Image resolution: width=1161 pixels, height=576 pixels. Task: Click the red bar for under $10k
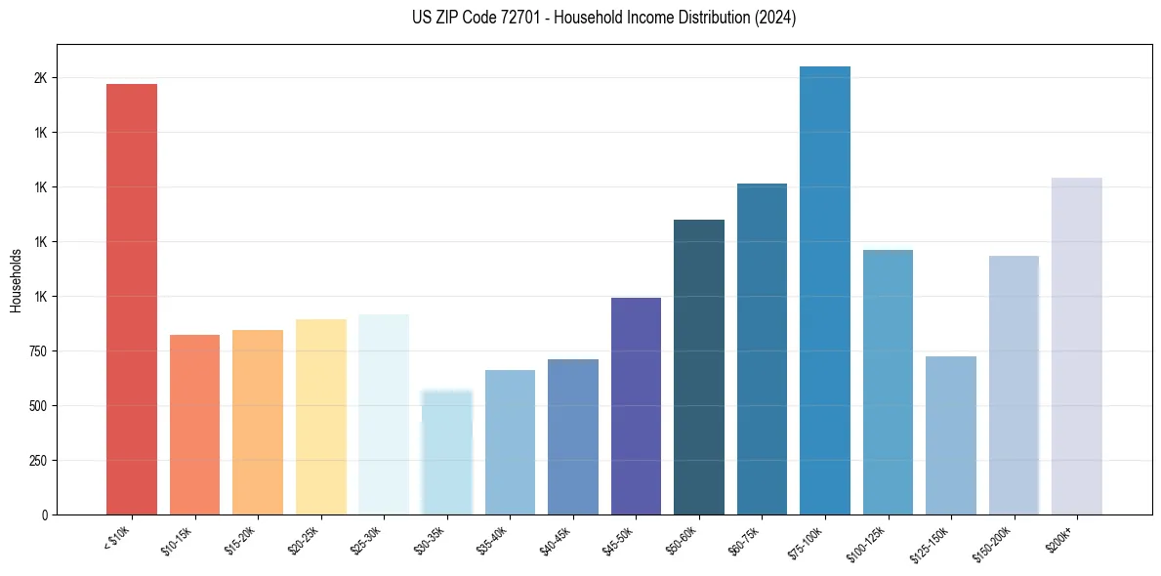(x=132, y=299)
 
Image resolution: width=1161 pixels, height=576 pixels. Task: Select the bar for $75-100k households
(x=825, y=290)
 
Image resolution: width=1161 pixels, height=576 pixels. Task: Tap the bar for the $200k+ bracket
(x=1077, y=346)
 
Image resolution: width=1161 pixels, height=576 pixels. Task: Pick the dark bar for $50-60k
(x=699, y=367)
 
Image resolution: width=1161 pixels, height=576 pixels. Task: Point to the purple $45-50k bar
(x=636, y=406)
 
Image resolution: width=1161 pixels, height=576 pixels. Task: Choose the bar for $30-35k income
(x=447, y=452)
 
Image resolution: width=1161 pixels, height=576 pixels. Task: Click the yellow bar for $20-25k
(x=321, y=417)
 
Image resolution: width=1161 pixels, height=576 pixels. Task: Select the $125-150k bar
(x=951, y=435)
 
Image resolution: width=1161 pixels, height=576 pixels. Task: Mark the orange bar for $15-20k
(x=258, y=422)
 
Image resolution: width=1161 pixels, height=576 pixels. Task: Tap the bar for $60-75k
(x=762, y=349)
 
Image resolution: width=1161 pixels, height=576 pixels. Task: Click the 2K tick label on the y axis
(x=41, y=78)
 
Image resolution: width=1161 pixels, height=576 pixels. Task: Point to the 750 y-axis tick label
(x=38, y=351)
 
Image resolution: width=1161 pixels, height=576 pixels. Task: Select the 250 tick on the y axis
(x=38, y=461)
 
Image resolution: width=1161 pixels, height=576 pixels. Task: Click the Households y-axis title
(x=17, y=280)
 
